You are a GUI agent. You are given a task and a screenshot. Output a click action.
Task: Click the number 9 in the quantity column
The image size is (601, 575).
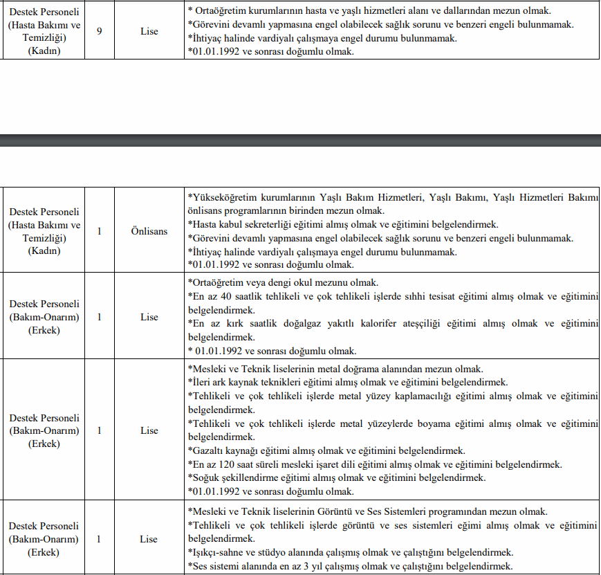(x=100, y=31)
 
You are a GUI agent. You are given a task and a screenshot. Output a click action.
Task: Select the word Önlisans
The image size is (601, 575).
(x=149, y=231)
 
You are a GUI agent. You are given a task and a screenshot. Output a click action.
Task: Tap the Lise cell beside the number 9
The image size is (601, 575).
(x=149, y=31)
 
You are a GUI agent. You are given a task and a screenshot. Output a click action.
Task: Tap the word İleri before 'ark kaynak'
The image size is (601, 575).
(x=203, y=382)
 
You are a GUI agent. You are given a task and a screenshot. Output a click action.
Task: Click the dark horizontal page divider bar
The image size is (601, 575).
(x=300, y=141)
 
